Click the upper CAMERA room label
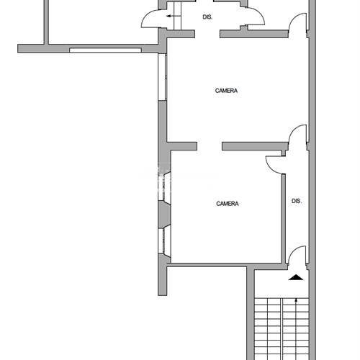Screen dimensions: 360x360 click(226, 91)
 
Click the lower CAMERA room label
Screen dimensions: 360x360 click(227, 204)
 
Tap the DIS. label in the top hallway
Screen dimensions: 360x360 click(207, 17)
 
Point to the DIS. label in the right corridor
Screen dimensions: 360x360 click(296, 201)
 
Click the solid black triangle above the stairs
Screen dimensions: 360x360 click(296, 277)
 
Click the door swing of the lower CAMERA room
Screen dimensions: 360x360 click(275, 163)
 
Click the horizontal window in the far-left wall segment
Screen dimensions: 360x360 click(105, 50)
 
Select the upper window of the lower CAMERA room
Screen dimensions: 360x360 click(165, 190)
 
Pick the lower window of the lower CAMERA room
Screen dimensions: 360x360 click(165, 242)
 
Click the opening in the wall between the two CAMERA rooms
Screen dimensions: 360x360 click(209, 146)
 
